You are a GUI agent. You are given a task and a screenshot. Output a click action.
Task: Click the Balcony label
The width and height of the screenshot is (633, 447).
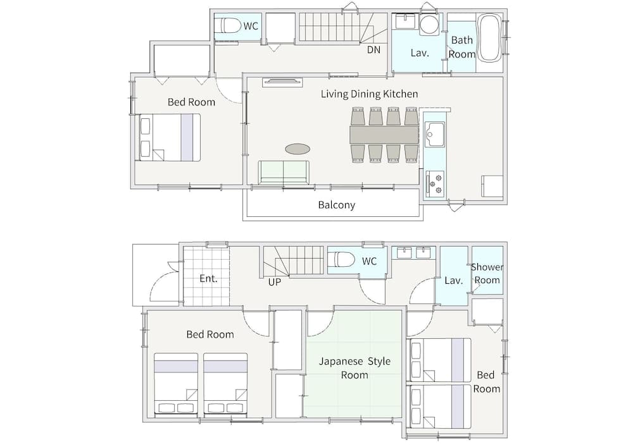point(336,205)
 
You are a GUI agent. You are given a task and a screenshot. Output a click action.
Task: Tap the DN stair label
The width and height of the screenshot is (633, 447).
point(373,49)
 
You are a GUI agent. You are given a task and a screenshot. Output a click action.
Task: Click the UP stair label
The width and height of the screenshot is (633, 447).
point(275,282)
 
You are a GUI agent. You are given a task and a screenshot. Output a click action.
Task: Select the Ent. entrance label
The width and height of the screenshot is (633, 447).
point(208,279)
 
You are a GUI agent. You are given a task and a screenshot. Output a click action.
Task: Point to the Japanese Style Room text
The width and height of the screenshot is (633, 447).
point(354,368)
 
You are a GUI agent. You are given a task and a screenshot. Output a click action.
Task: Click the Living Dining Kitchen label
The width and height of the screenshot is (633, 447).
point(370,94)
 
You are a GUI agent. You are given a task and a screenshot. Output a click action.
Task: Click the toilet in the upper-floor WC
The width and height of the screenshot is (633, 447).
point(230,26)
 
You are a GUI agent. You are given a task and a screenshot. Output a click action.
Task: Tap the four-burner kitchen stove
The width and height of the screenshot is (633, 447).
point(436,184)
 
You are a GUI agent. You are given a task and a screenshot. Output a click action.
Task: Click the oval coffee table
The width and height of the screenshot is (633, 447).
point(298,149)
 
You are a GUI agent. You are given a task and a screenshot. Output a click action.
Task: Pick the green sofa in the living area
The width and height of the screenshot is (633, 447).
point(284,173)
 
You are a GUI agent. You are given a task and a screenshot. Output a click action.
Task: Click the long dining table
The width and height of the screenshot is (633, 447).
point(384,135)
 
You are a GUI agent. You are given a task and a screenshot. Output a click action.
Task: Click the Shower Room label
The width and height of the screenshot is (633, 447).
point(487,273)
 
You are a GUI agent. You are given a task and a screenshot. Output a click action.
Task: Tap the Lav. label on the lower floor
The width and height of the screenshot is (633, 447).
point(453,281)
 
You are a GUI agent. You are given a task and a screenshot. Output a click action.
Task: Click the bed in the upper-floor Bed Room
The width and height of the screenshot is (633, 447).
point(170,137)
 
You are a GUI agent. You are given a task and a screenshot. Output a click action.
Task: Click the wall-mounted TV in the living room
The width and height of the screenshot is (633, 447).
point(282,82)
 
